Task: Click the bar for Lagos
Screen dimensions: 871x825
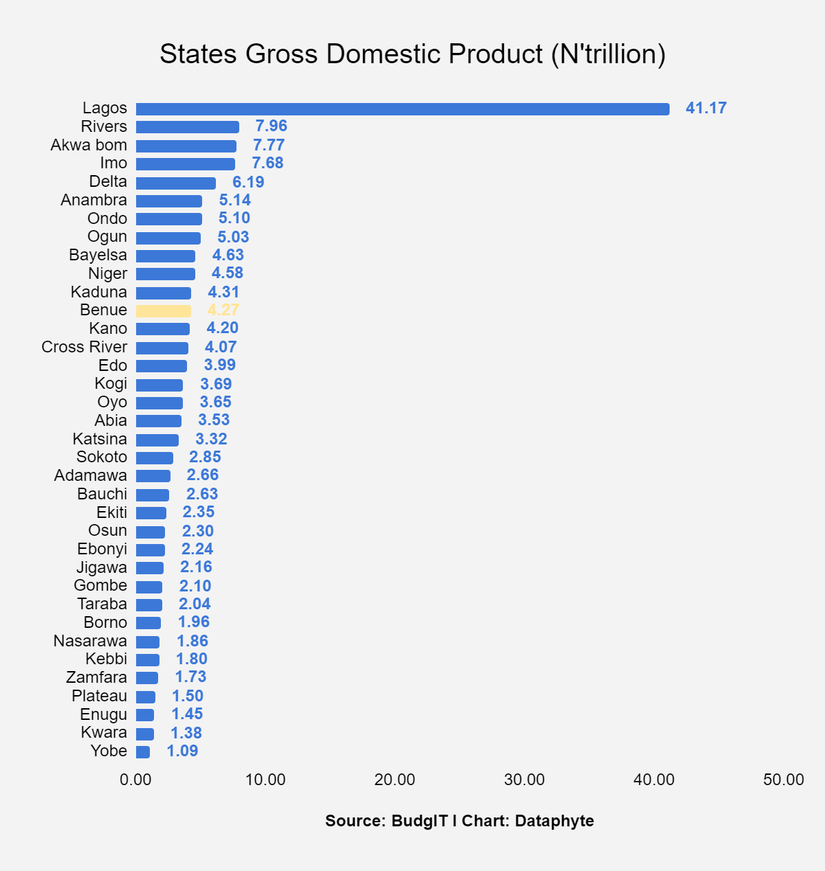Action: [402, 109]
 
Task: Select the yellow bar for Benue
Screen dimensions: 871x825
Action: [164, 311]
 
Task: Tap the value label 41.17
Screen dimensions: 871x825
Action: [706, 108]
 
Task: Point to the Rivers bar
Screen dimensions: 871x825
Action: [188, 127]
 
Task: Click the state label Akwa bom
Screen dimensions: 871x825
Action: [89, 145]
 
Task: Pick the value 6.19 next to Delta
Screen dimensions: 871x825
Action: [248, 182]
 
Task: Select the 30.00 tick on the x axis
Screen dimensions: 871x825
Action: [525, 780]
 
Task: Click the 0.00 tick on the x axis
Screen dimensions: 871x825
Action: [135, 780]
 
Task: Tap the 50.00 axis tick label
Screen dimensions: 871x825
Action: [784, 780]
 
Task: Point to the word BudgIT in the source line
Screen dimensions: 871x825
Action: [419, 821]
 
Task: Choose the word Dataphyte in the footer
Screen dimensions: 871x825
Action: [554, 821]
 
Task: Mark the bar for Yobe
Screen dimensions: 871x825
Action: [143, 752]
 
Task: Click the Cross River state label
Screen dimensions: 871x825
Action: [84, 347]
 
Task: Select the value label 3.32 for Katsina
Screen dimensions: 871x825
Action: [211, 439]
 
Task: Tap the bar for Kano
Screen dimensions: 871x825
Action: [163, 329]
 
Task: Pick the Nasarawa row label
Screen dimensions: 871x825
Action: [90, 641]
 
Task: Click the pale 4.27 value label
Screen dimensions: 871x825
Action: [223, 310]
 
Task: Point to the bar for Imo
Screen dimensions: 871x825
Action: [186, 164]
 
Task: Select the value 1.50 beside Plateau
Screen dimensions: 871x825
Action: [188, 696]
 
